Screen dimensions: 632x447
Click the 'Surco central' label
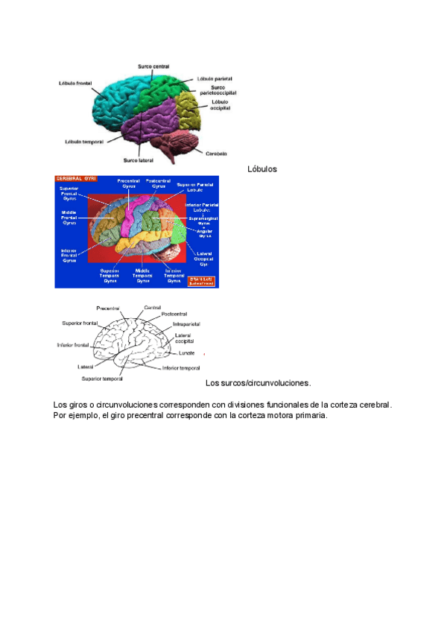click(153, 66)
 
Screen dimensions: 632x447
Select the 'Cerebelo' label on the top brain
click(216, 154)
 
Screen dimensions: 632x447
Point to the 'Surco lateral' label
click(139, 159)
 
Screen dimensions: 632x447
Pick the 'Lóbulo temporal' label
click(83, 141)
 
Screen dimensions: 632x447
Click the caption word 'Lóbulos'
click(261, 169)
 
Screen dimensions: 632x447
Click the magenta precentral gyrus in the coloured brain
click(132, 216)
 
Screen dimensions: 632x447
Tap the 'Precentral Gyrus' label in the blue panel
click(128, 183)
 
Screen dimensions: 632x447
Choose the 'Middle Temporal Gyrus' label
click(143, 275)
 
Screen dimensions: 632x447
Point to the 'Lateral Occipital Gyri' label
click(204, 258)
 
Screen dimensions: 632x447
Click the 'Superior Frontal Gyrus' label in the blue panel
click(69, 194)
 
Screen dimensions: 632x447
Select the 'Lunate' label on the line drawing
click(186, 353)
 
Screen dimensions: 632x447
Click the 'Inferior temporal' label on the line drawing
click(181, 368)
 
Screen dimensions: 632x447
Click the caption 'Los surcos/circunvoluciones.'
click(258, 383)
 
